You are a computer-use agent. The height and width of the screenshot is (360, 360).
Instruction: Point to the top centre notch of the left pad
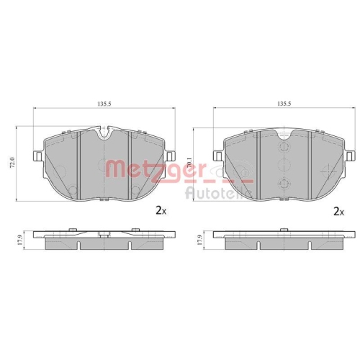(104, 132)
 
